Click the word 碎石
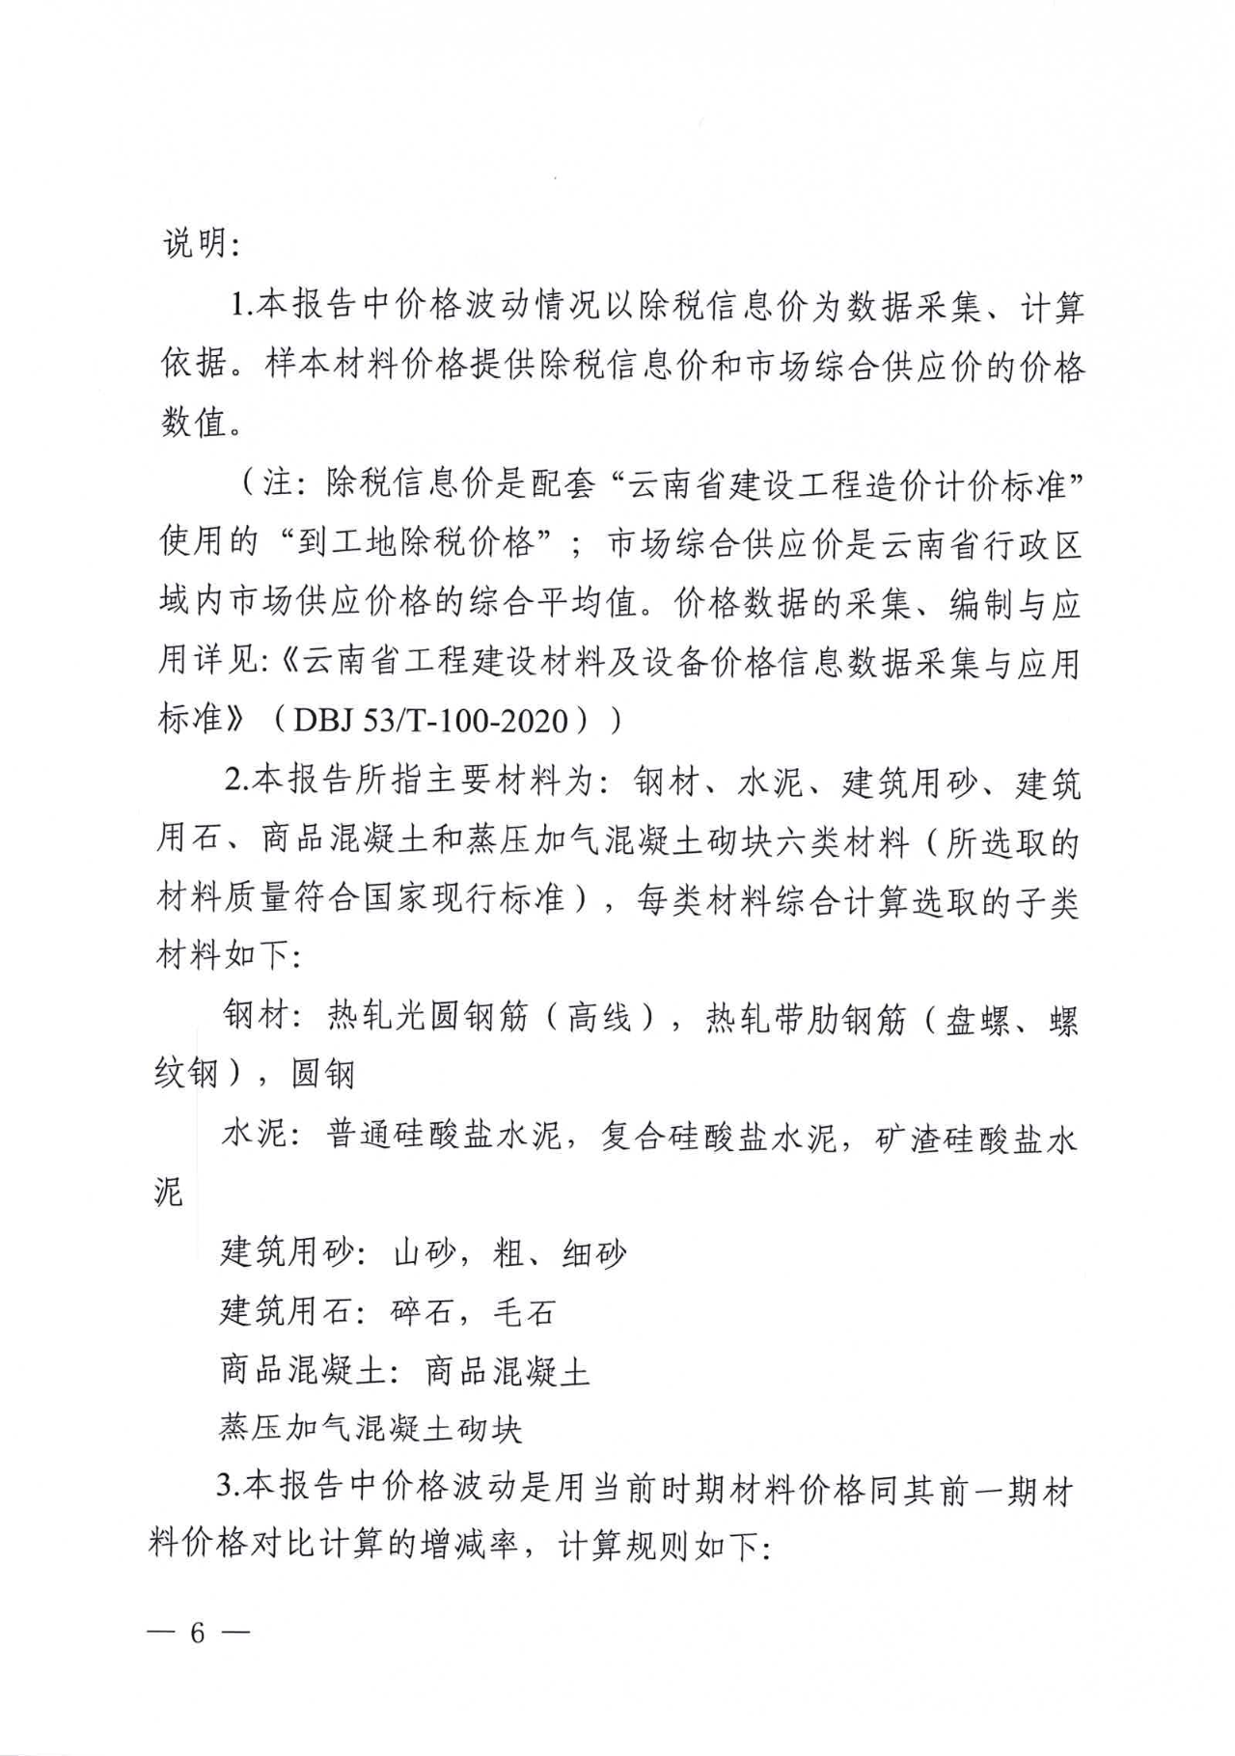point(423,1311)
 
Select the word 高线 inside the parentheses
point(598,1018)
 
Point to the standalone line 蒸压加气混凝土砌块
point(370,1428)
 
